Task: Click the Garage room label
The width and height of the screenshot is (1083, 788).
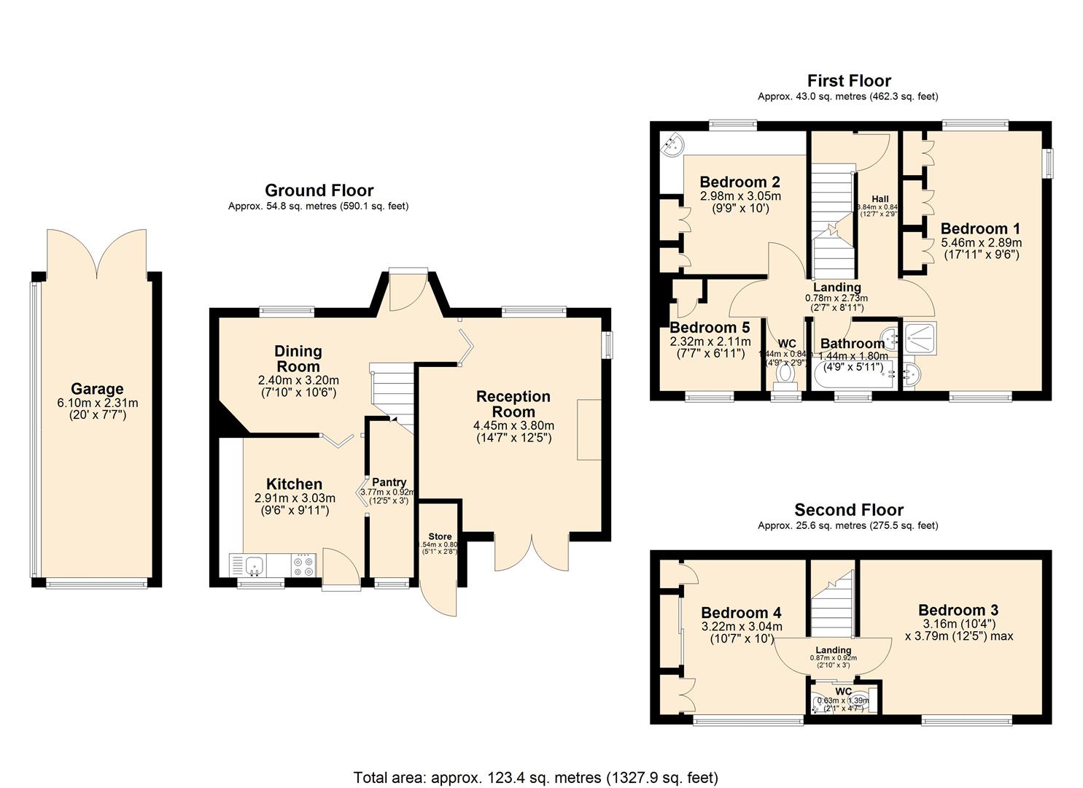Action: pyautogui.click(x=97, y=389)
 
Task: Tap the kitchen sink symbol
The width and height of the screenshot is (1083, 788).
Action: pyautogui.click(x=254, y=564)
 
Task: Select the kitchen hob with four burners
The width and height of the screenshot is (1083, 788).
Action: pyautogui.click(x=303, y=565)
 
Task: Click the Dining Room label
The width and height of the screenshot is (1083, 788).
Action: pyautogui.click(x=298, y=359)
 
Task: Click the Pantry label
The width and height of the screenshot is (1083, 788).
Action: pyautogui.click(x=389, y=482)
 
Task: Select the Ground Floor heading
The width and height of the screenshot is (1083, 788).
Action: pyautogui.click(x=319, y=190)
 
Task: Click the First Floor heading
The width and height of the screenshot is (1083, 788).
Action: pyautogui.click(x=849, y=80)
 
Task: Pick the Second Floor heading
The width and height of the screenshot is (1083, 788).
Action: pyautogui.click(x=848, y=510)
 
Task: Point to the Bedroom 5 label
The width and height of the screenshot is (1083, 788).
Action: pyautogui.click(x=710, y=328)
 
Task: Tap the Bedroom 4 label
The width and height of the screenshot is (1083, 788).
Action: pyautogui.click(x=742, y=613)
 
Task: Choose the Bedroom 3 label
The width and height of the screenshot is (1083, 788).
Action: pyautogui.click(x=958, y=610)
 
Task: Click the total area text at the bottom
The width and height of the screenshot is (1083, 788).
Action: pyautogui.click(x=535, y=777)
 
